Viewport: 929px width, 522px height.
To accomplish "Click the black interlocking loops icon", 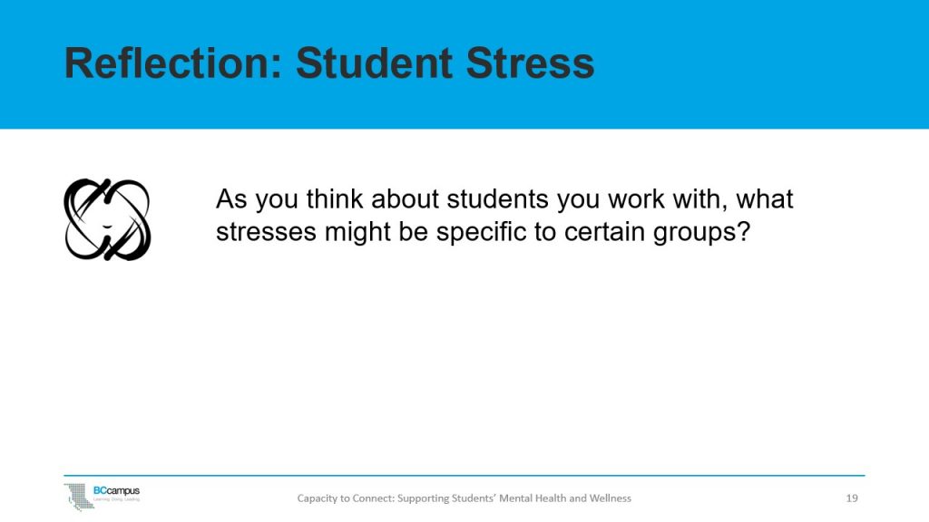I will click(x=107, y=219).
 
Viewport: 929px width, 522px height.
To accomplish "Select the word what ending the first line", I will click(x=764, y=199).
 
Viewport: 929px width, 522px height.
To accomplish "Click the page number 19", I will click(x=851, y=498).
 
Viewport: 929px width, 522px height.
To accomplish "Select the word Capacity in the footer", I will click(x=319, y=498).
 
